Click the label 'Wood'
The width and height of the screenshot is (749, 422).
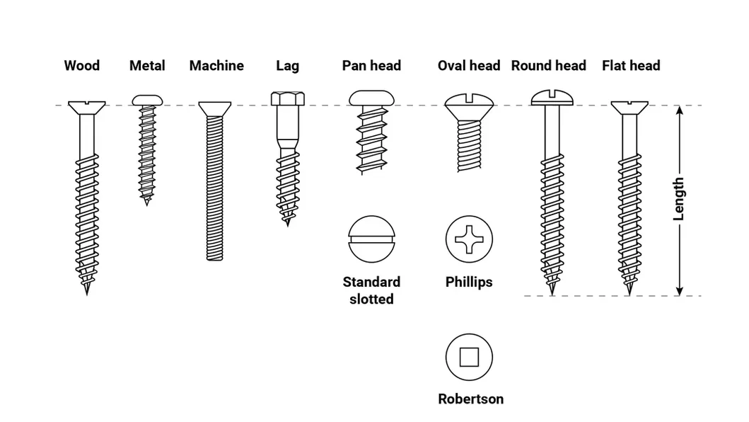(x=81, y=66)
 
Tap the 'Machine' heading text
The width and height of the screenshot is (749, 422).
(x=216, y=66)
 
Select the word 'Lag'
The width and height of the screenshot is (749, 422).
(x=287, y=66)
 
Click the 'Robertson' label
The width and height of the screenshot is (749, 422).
(x=470, y=399)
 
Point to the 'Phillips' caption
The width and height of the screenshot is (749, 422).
(x=469, y=282)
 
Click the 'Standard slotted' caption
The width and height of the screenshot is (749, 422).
(x=371, y=290)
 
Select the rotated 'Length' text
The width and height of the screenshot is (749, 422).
(x=679, y=200)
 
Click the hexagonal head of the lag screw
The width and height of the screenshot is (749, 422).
(x=287, y=98)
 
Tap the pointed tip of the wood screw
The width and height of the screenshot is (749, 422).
(x=87, y=290)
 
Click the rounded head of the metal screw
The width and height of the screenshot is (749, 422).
(x=147, y=100)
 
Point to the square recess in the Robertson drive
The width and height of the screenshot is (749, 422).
(x=469, y=357)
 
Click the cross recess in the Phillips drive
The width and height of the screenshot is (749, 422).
(x=469, y=239)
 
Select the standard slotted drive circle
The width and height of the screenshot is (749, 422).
(x=371, y=239)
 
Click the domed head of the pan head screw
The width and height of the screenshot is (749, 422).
(x=371, y=98)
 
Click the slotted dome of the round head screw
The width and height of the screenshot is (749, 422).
(x=550, y=96)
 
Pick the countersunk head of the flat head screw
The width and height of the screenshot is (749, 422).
(x=629, y=107)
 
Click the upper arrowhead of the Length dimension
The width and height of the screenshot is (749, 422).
(x=679, y=111)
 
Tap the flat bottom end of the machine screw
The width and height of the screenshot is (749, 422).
(x=216, y=258)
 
